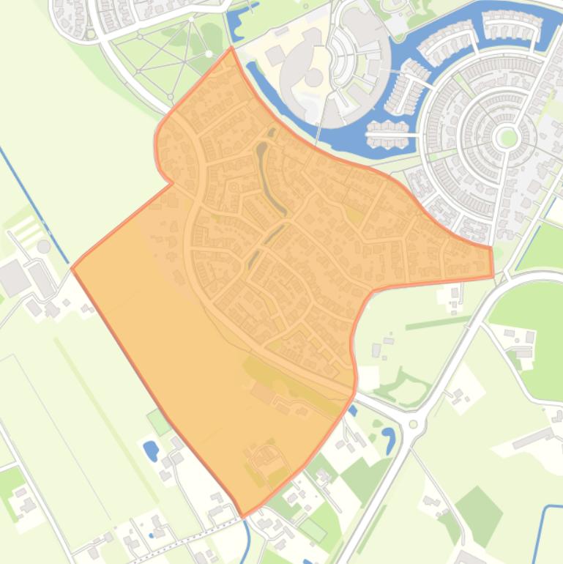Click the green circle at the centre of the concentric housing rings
(507, 137)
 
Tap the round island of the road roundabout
(414, 424)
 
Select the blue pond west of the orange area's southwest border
(151, 449)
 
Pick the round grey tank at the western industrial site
(44, 246)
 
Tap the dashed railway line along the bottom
(183, 534)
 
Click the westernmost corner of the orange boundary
(72, 268)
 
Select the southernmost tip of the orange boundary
(242, 517)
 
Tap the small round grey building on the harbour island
(314, 78)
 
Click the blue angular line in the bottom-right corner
(545, 527)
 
